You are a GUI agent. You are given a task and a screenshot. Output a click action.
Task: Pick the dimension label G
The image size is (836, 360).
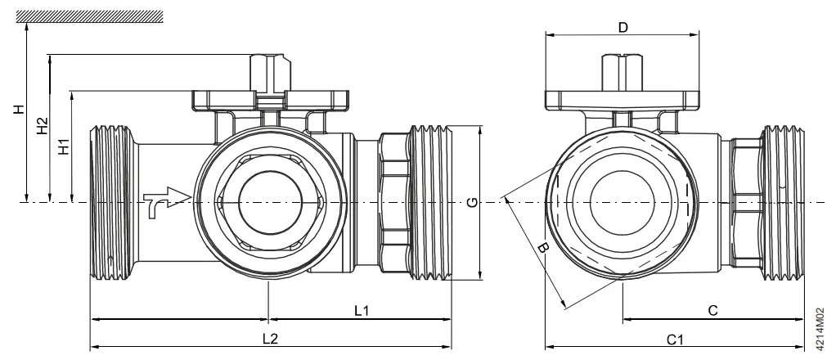[471, 203]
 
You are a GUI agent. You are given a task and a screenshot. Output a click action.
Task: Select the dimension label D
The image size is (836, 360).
[623, 27]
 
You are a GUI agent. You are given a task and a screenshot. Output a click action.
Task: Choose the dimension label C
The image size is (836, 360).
[712, 310]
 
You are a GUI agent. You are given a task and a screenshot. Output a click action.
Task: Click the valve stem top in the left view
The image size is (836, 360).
[269, 61]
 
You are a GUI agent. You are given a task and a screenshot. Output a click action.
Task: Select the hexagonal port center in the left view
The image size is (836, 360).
[269, 201]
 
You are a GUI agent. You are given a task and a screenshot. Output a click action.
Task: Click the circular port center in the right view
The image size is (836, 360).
[623, 201]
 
